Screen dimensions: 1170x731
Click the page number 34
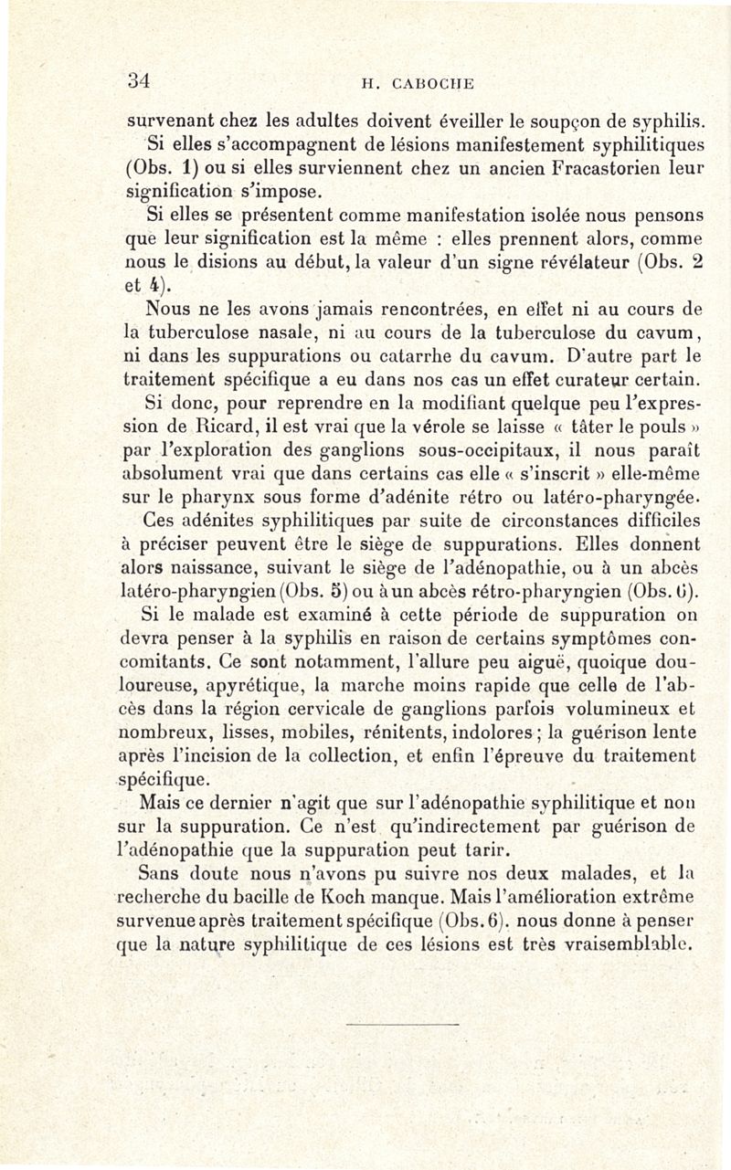point(138,80)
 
